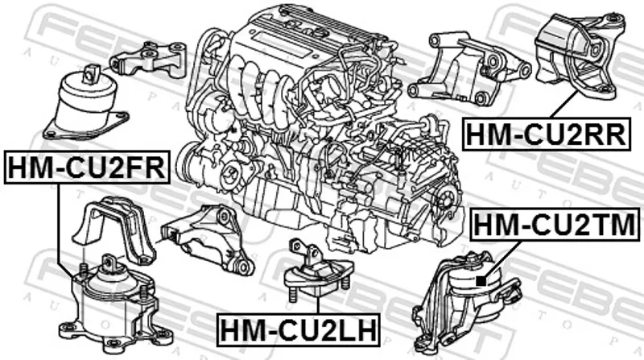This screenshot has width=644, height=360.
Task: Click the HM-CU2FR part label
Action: pos(87,167)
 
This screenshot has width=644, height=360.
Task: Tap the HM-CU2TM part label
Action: pos(555,224)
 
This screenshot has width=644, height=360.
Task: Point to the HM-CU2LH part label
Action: pos(298,330)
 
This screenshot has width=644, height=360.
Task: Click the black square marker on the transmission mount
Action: pos(481,281)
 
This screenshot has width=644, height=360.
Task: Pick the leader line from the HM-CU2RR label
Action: pos(565,105)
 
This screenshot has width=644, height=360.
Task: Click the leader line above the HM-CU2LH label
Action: pos(318,304)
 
